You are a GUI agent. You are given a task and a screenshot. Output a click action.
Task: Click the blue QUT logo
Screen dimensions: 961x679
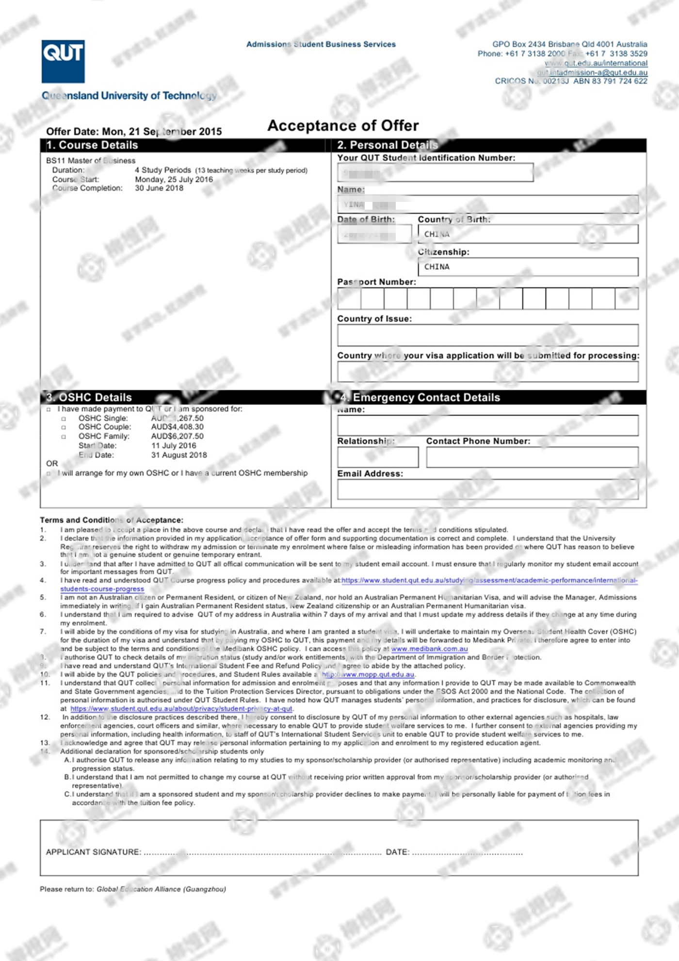[63, 61]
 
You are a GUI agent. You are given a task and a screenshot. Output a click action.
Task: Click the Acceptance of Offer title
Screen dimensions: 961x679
[343, 126]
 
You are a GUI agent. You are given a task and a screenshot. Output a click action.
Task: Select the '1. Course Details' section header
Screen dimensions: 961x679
[92, 145]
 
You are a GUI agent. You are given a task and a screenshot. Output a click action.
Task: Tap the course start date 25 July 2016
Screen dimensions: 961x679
[174, 179]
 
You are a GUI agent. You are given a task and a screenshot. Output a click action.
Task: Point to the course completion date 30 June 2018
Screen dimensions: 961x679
[159, 188]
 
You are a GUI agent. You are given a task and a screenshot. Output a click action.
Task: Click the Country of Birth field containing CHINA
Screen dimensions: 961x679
[528, 234]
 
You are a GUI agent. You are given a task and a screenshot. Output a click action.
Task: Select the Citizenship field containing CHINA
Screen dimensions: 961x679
[528, 266]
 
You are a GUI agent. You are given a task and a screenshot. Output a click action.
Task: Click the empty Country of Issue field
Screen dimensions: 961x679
[487, 335]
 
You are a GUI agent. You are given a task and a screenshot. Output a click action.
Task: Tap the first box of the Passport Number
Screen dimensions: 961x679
[349, 298]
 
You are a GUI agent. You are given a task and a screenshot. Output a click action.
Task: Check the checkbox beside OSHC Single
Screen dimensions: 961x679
[64, 418]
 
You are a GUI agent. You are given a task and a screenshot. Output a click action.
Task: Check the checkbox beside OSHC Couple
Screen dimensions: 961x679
[64, 427]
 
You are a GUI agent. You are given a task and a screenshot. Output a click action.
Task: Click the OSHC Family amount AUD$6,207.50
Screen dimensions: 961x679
[178, 436]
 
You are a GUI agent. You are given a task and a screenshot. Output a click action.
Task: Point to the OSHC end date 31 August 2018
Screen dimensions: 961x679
[179, 455]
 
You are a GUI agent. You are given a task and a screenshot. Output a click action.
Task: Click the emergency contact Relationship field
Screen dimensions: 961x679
[378, 457]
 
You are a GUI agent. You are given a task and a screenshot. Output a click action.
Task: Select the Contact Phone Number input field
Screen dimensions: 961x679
[532, 457]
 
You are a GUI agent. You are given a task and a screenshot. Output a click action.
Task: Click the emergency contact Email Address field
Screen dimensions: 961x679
[487, 489]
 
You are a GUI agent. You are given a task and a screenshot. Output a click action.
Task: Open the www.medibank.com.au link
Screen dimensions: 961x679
[429, 649]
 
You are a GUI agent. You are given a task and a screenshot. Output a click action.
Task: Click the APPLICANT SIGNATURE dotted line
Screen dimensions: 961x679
[262, 852]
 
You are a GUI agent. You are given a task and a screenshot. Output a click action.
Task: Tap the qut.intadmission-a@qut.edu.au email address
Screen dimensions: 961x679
[592, 72]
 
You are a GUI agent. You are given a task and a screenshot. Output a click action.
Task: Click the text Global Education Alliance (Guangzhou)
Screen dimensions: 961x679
[161, 889]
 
